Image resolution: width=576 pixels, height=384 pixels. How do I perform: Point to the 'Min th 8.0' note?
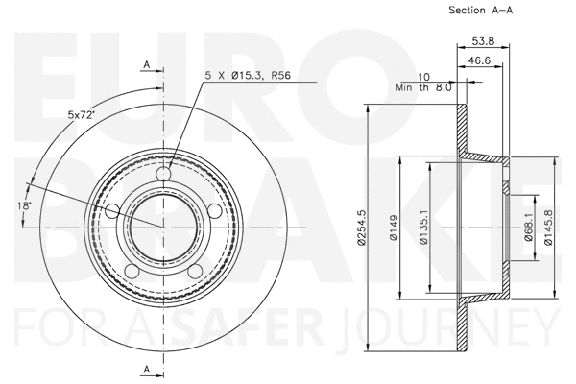pyautogui.click(x=423, y=87)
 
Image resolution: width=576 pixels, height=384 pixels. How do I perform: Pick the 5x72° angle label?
pyautogui.click(x=81, y=115)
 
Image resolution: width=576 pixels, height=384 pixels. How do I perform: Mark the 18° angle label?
pyautogui.click(x=24, y=204)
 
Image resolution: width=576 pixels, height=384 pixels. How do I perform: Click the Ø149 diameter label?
pyautogui.click(x=395, y=228)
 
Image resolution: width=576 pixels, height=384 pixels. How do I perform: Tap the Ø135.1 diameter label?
pyautogui.click(x=423, y=228)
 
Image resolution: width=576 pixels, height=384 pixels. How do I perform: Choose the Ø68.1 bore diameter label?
pyautogui.click(x=529, y=228)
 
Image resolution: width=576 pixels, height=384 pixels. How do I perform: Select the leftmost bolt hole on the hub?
pyautogui.click(x=112, y=211)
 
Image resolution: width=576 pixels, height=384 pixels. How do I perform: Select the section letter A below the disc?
pyautogui.click(x=146, y=369)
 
